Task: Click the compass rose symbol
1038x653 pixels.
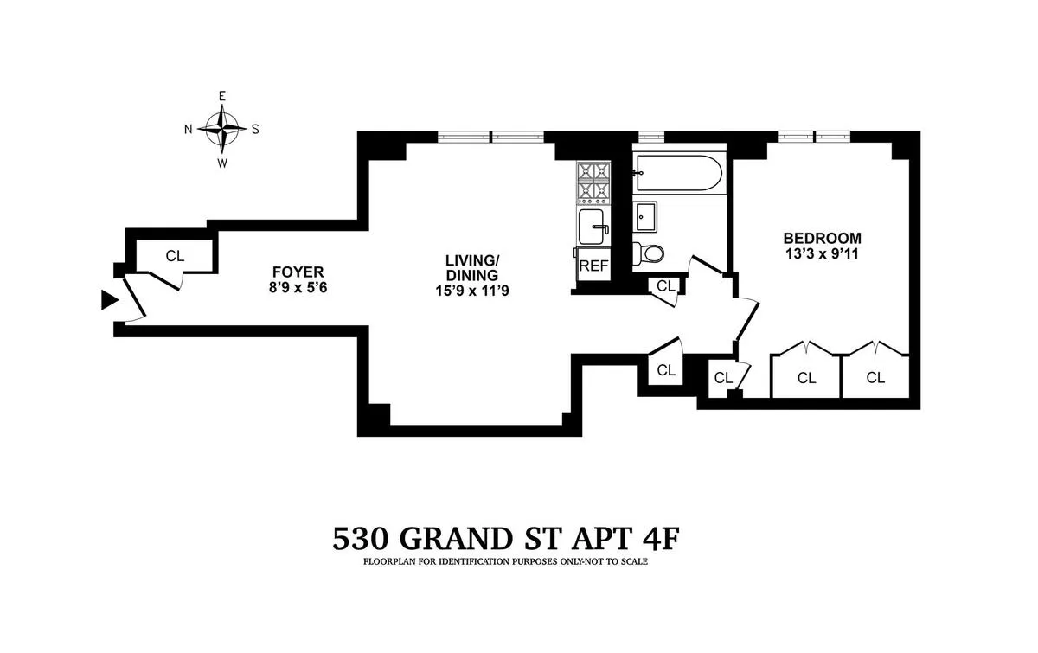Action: pos(222,129)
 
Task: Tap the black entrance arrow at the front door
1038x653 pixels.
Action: pos(109,300)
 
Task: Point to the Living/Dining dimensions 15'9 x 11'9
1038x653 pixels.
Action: pos(472,292)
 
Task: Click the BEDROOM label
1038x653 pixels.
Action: pos(822,239)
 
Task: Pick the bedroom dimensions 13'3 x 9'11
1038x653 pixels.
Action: pos(822,254)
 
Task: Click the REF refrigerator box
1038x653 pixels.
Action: pos(593,266)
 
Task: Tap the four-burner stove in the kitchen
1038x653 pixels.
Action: pos(593,181)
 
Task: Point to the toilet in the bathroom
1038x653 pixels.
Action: pos(650,253)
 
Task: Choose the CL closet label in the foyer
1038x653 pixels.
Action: pos(176,256)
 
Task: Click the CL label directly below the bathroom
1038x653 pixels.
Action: pos(665,285)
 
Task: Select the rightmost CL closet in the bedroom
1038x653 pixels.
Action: pos(875,377)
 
